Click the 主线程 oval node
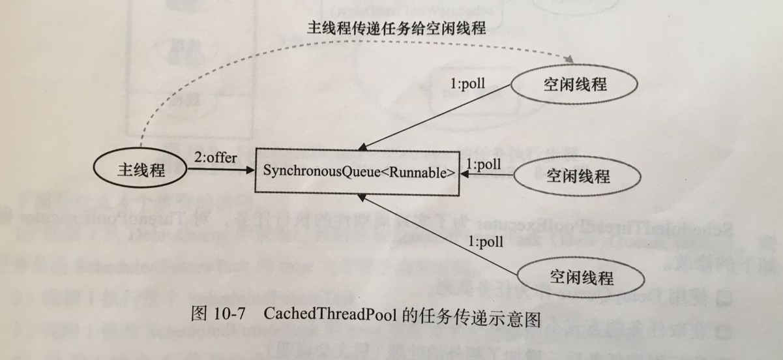[140, 172]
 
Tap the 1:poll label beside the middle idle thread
[483, 164]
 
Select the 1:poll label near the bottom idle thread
[485, 243]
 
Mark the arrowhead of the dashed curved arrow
[569, 60]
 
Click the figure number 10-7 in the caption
[229, 312]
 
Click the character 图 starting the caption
[198, 313]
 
